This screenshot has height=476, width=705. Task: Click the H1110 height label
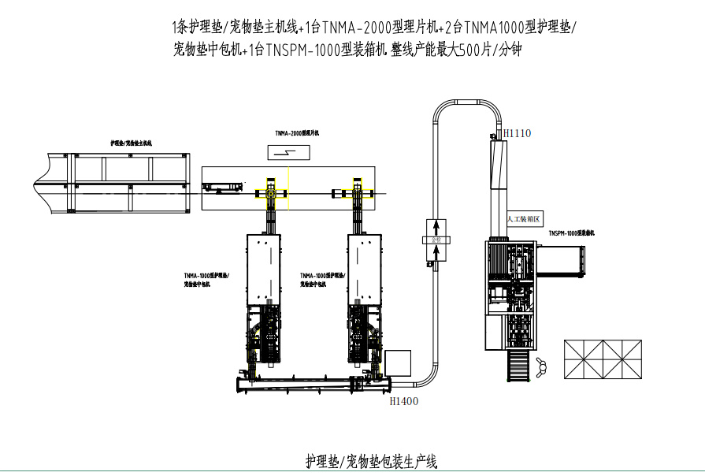[x=517, y=133]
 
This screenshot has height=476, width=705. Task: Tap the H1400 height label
[x=404, y=401]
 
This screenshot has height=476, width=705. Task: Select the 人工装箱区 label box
[x=525, y=220]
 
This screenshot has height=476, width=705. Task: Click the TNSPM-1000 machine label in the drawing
[x=571, y=233]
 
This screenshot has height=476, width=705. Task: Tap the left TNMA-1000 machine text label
[x=206, y=281]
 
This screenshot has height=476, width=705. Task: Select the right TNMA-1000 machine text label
[x=321, y=281]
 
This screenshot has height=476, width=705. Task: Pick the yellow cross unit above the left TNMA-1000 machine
[x=269, y=193]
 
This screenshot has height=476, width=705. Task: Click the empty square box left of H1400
[x=399, y=363]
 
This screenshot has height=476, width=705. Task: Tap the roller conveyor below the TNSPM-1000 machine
[x=517, y=364]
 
